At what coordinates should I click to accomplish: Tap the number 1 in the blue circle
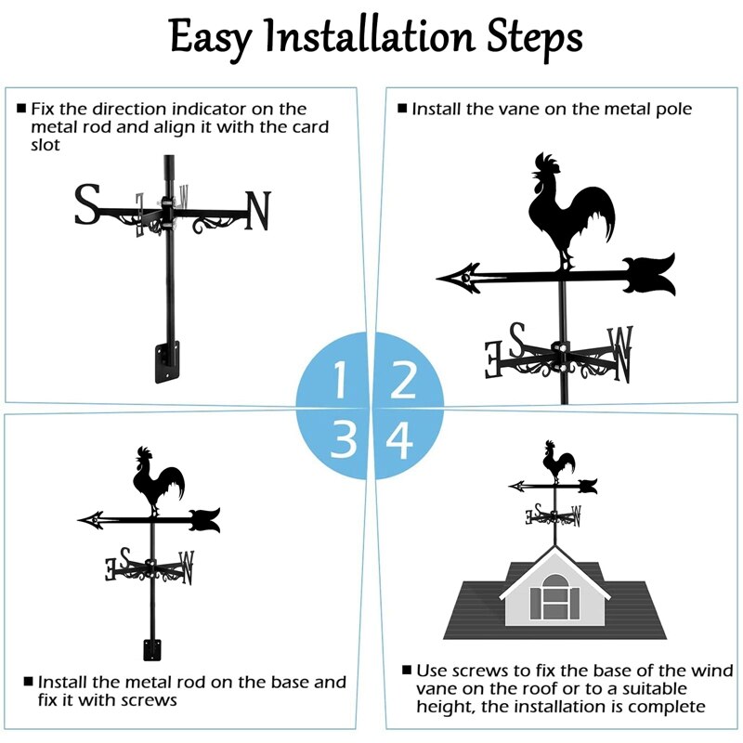[340, 380]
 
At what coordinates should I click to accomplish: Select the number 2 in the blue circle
[403, 380]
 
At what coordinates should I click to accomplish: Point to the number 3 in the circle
[343, 439]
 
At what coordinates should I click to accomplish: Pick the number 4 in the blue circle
[400, 440]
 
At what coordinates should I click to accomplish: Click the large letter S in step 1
[86, 205]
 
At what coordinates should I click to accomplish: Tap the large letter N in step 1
[257, 210]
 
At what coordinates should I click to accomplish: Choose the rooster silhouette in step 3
[157, 477]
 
